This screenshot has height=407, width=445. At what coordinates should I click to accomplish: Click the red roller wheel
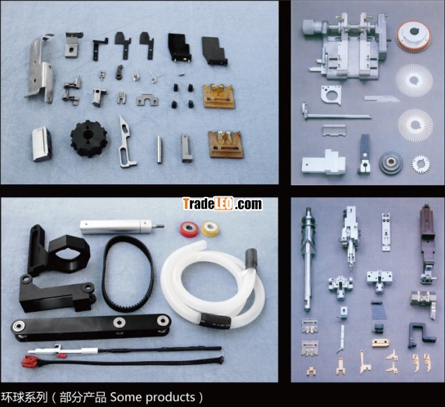point(189,229)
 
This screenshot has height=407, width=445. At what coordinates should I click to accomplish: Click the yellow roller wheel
point(210,229)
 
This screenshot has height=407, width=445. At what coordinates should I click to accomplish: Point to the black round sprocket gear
point(89,138)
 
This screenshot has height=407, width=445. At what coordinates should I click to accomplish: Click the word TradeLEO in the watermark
point(208,204)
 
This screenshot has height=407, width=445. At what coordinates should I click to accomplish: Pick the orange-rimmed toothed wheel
point(413,37)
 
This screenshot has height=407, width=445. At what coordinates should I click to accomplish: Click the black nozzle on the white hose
point(251,258)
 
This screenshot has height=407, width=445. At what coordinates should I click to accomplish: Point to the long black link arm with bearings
point(91,326)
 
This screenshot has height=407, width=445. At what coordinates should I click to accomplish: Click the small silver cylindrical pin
point(160,150)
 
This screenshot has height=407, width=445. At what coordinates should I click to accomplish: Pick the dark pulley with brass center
point(391,163)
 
